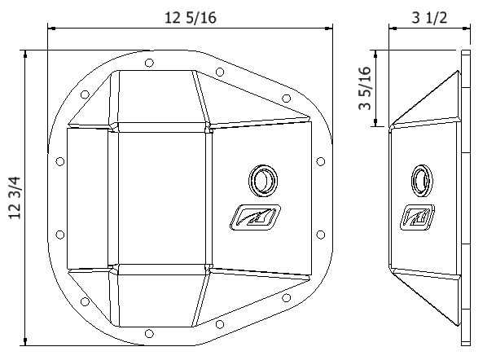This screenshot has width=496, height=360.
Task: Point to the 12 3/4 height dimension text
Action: coord(14,199)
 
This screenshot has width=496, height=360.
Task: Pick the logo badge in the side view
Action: coord(416,217)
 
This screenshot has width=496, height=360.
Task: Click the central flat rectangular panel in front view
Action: coord(160,198)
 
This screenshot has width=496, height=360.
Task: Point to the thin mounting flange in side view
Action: coord(466,198)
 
